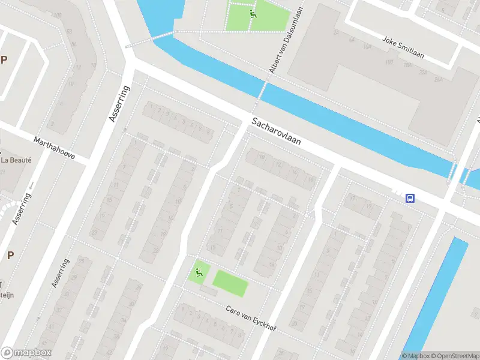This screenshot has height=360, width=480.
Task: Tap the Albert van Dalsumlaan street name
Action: coord(284,46)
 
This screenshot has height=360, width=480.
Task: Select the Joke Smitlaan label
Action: coord(403,47)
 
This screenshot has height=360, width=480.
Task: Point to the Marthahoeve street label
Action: coord(55,148)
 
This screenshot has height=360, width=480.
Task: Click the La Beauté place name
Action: coord(16,160)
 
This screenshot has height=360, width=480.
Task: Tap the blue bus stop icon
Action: coord(410,198)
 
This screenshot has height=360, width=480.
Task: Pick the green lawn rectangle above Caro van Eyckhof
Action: coord(229,283)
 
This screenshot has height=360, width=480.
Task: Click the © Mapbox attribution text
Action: coord(416,356)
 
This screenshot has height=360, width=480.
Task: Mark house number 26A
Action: coord(438,79)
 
